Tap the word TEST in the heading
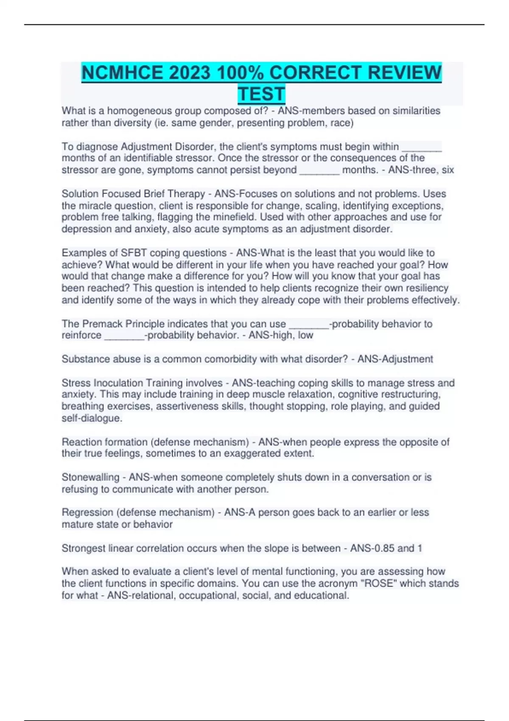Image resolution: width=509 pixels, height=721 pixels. point(261,94)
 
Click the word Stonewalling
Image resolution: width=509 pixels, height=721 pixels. point(90,477)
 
